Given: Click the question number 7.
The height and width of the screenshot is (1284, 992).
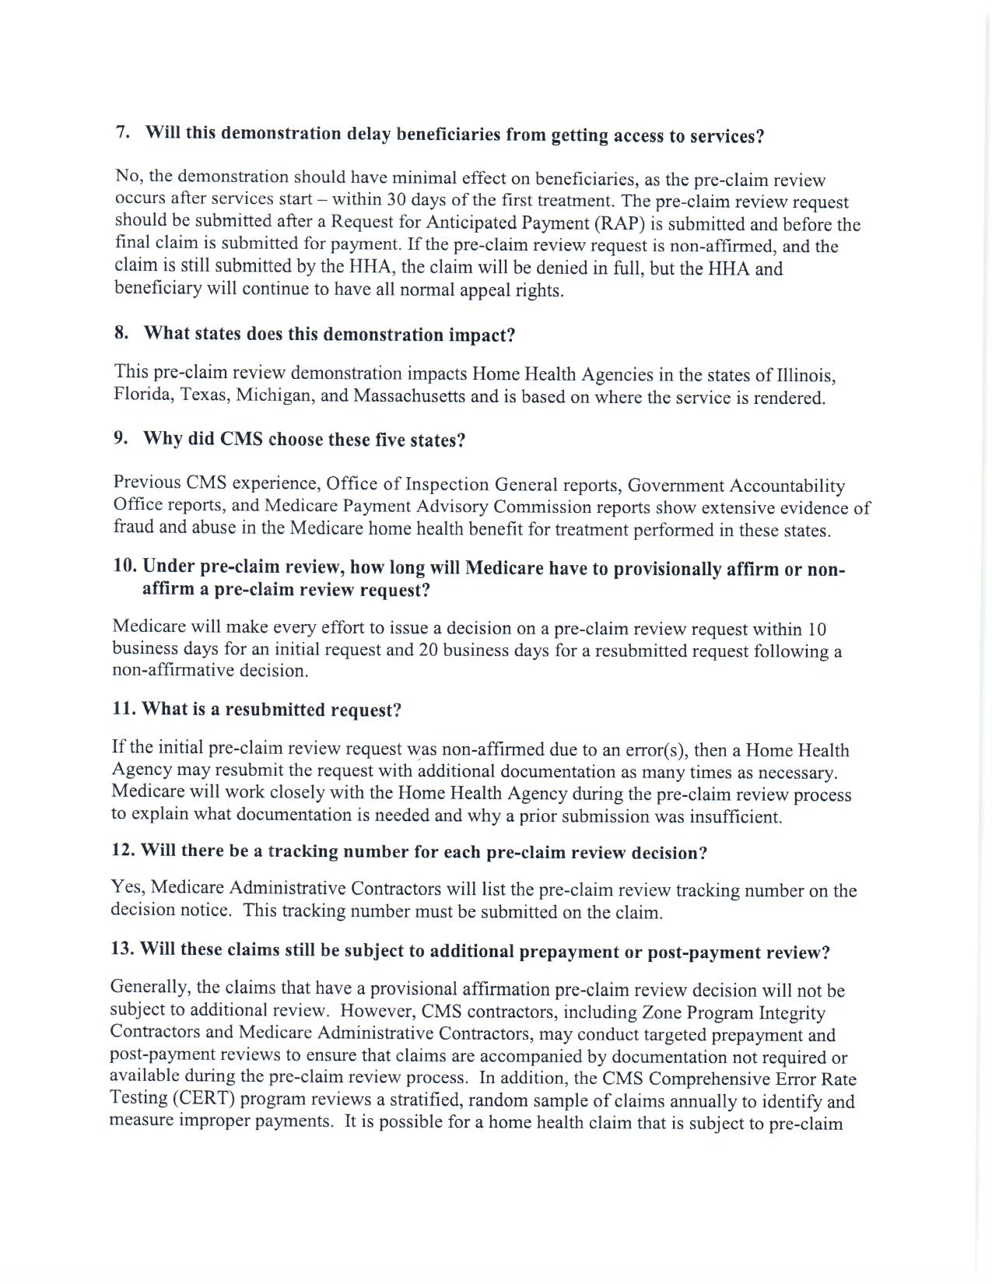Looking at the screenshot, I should [122, 132].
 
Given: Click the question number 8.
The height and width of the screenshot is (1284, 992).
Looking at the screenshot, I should [121, 333].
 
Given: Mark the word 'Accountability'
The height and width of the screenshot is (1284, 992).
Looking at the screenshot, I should [787, 486].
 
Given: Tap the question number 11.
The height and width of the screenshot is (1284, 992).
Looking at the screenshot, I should [124, 709].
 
